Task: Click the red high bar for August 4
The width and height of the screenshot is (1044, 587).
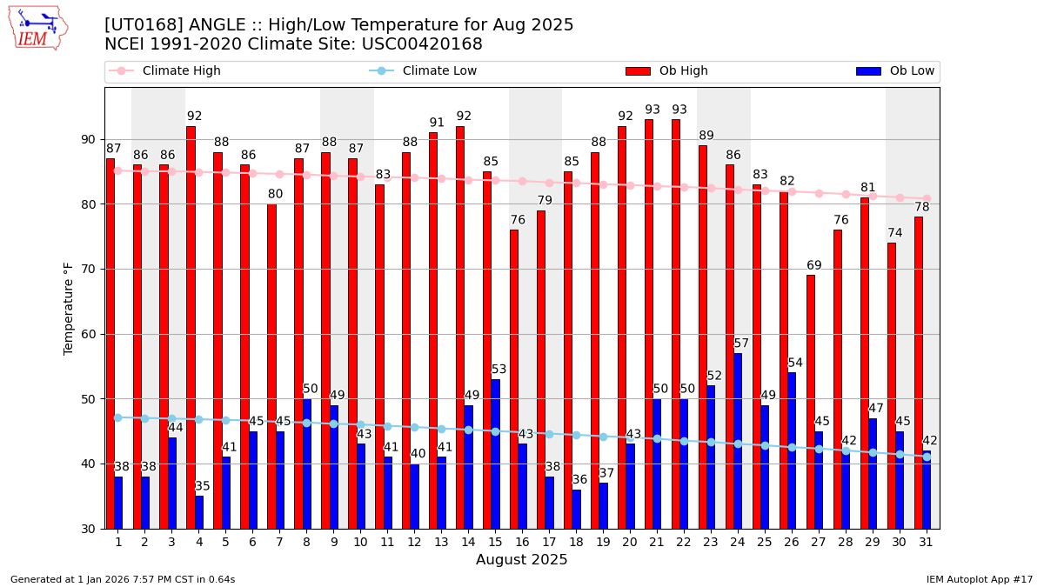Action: point(191,327)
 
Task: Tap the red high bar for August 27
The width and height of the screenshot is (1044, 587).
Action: point(811,402)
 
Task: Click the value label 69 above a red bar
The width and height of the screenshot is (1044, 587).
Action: point(814,266)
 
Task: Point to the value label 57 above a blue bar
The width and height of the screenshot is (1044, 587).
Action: point(741,344)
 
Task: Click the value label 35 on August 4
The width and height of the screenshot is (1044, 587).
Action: point(203,486)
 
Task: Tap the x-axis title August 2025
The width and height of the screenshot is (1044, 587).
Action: point(521,560)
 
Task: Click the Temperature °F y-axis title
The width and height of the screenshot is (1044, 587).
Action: point(69,308)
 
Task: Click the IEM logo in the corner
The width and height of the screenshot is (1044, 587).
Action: point(37,28)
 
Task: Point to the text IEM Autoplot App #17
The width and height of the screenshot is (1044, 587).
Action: point(979,579)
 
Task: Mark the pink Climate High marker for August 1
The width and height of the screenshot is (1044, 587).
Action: point(117,170)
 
